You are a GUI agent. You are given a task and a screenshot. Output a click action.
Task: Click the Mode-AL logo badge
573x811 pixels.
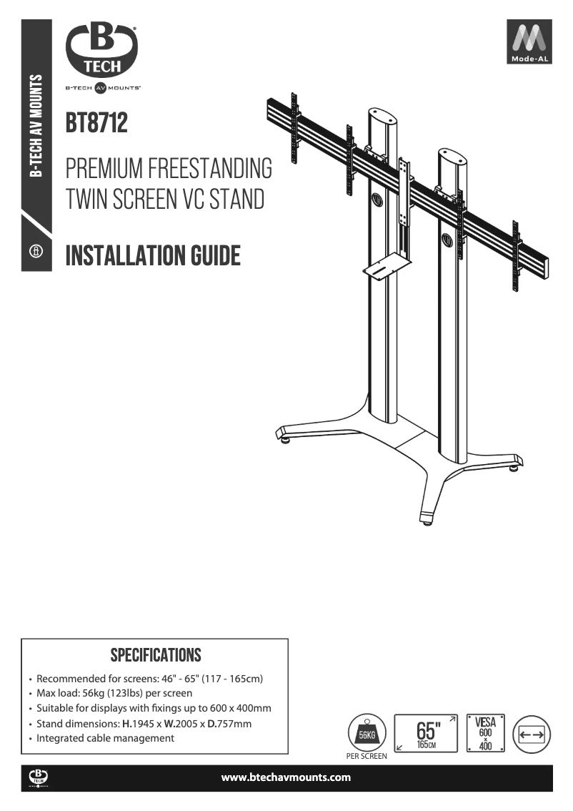coord(529,41)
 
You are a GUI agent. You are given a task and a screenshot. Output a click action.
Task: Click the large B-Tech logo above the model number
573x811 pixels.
coord(101,49)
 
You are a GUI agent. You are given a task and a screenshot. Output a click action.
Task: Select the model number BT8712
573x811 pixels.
coord(96,123)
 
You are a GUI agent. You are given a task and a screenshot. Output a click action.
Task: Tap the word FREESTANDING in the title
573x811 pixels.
coord(210,169)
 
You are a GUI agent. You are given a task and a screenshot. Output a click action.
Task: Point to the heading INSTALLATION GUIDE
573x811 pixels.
coord(153,255)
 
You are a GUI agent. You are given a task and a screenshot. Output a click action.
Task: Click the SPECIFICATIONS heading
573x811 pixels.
coord(156,655)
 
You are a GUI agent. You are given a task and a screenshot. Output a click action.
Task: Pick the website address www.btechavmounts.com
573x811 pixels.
coord(286,777)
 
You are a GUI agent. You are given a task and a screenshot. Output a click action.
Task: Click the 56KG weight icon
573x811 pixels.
coord(367,733)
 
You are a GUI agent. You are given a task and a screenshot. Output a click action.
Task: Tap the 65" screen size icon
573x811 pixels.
coord(426,734)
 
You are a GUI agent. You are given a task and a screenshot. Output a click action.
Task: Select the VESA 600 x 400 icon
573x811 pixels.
coord(485,733)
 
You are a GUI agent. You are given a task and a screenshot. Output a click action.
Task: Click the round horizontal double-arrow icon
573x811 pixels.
coord(532,734)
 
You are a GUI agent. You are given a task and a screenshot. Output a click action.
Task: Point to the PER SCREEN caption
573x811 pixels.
coord(367,756)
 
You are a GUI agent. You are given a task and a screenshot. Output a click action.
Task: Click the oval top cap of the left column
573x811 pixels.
coord(382,115)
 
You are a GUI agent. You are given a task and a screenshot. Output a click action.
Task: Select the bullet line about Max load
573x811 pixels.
coord(114,693)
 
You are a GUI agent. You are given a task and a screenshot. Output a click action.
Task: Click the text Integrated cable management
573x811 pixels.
coord(105,738)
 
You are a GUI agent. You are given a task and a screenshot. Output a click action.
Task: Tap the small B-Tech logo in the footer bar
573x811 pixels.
coord(39,778)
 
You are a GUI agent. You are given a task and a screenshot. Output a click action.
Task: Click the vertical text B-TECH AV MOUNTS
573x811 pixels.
coord(36,126)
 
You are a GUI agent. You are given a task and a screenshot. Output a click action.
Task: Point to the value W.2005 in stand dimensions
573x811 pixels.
coord(181,724)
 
